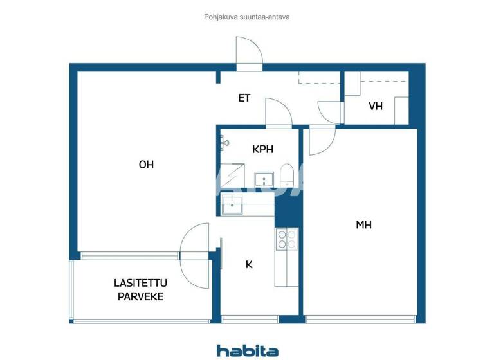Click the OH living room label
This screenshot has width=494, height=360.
[x=146, y=165]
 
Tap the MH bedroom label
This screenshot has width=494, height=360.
[x=363, y=225]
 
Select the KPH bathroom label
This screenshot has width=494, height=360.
[x=262, y=149]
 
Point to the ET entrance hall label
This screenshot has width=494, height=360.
[x=244, y=98]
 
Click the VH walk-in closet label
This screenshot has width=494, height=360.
[x=376, y=106]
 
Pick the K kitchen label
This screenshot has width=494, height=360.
[x=249, y=264]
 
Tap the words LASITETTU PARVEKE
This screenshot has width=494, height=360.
[x=138, y=289]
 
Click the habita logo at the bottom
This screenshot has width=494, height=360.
[x=247, y=350]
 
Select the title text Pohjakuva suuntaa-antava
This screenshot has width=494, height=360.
[x=247, y=17]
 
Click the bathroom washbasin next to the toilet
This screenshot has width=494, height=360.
[x=264, y=179]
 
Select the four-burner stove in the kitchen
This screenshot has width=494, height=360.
[x=286, y=239]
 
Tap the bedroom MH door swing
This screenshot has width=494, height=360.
[x=321, y=141]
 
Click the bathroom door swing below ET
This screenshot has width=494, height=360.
[x=278, y=112]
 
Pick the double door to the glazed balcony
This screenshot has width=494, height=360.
[x=196, y=254]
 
